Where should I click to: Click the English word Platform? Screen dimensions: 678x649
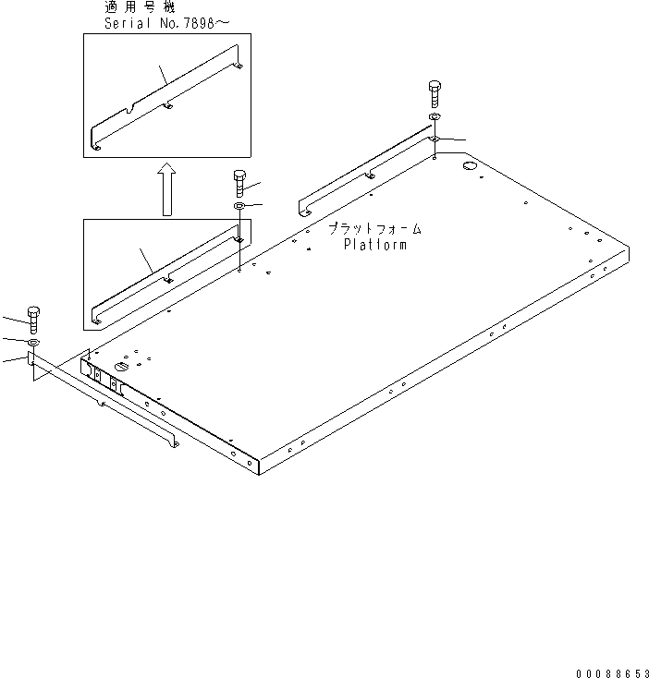coord(374,245)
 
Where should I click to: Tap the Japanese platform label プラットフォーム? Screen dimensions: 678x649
coord(373,228)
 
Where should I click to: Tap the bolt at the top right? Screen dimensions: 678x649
coord(435,93)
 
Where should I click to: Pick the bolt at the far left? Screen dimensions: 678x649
coord(34,320)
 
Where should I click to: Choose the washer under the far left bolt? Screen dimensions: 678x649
coord(33,343)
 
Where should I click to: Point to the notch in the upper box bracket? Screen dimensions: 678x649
coord(137,108)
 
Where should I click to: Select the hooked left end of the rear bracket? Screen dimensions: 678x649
coord(302,206)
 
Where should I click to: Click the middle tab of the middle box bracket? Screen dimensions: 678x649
coord(168,280)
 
